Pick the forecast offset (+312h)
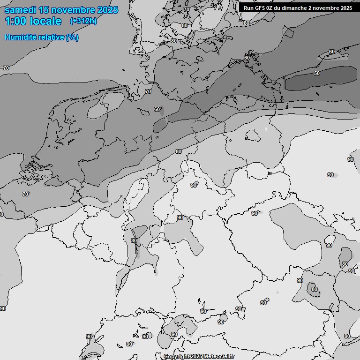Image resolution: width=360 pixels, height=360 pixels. (83, 21)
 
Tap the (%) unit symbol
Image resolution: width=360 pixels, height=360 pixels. (72, 37)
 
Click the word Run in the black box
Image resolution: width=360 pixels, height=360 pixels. (248, 8)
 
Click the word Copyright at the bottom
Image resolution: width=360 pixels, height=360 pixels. (176, 357)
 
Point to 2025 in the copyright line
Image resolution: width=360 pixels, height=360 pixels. (196, 357)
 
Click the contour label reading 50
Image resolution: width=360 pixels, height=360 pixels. (317, 74)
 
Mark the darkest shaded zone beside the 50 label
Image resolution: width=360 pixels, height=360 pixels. (328, 79)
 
